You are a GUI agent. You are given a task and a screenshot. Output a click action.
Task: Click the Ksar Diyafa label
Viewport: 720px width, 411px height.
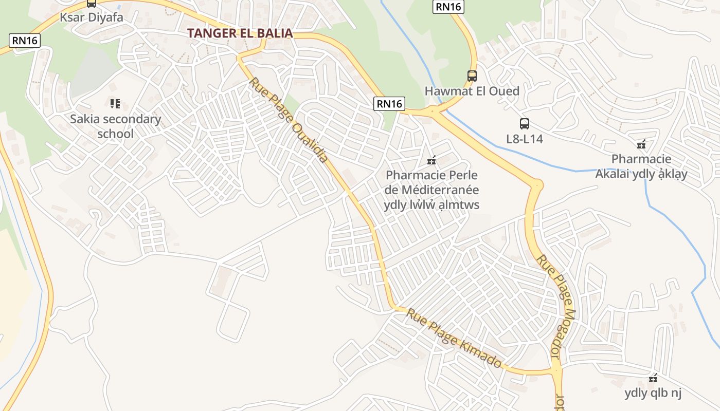[92, 17]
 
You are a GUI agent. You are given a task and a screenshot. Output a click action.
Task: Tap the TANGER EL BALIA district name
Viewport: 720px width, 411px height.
[240, 33]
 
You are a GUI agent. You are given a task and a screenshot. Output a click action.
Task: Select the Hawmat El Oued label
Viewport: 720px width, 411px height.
[472, 91]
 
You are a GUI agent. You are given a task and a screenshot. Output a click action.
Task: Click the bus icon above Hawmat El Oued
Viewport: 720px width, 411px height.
[472, 76]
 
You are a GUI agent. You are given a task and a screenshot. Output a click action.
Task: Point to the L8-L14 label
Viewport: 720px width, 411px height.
[524, 139]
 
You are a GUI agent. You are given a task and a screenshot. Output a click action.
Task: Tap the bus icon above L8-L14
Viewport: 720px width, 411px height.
[524, 124]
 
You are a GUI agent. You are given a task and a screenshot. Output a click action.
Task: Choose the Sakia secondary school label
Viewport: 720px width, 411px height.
[115, 126]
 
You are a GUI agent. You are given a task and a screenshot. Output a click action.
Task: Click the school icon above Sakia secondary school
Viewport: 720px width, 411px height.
[115, 104]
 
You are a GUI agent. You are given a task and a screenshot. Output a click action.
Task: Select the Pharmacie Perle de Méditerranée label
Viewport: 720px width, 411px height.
[431, 190]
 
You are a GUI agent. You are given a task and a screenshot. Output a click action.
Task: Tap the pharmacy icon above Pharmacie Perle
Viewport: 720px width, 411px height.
[431, 160]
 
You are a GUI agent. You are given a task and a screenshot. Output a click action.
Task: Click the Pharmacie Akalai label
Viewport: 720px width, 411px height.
[641, 166]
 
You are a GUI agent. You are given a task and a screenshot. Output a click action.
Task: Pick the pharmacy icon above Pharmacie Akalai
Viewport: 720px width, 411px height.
[641, 144]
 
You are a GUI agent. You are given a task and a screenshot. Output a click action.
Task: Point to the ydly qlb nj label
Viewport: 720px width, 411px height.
[653, 394]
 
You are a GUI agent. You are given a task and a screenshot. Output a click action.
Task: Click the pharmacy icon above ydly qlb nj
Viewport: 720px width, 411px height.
[653, 379]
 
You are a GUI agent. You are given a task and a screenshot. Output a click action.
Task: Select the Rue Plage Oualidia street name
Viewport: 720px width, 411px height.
[289, 120]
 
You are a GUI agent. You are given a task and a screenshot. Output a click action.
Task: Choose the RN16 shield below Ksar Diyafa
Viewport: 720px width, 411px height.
[25, 41]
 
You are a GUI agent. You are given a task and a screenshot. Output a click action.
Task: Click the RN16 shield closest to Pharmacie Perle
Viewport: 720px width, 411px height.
[389, 104]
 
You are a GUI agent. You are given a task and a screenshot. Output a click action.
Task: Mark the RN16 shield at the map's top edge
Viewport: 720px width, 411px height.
[448, 6]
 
